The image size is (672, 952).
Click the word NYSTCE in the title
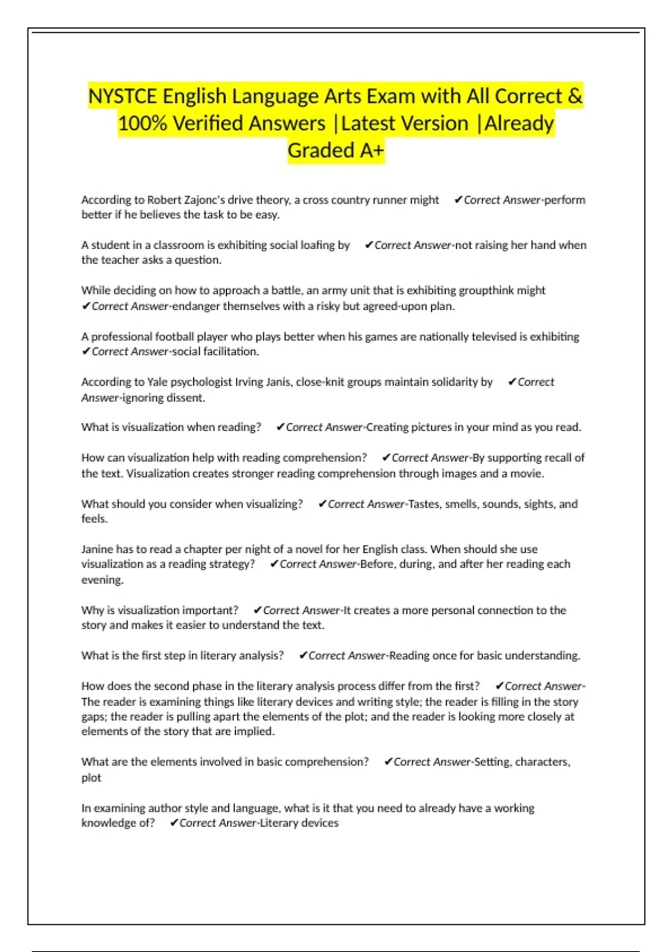tap(123, 96)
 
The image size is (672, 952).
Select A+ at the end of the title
tap(372, 150)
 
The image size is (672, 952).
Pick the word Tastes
tap(425, 504)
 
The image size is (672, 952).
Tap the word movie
tap(528, 473)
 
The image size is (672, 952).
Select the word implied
tap(254, 731)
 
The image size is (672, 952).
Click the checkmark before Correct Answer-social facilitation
tap(86, 351)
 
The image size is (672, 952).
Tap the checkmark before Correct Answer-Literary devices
tap(174, 823)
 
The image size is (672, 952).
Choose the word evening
tap(102, 580)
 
